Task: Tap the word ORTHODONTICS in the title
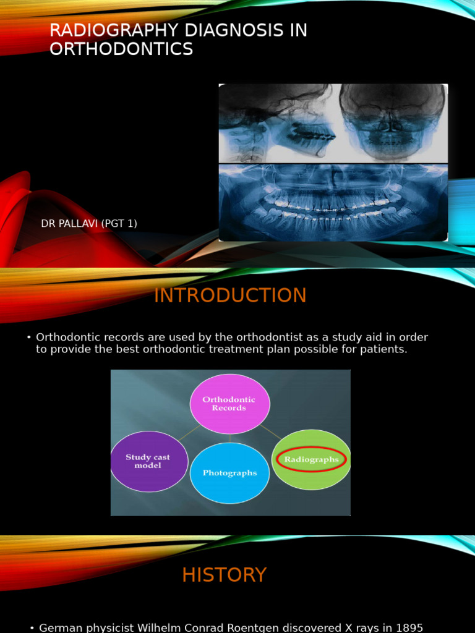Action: click(121, 49)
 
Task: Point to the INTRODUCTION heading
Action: click(230, 295)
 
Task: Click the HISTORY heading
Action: click(224, 575)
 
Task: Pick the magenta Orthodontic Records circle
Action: click(229, 404)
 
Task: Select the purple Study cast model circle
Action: click(148, 461)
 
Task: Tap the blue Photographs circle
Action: click(229, 473)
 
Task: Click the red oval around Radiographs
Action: click(312, 460)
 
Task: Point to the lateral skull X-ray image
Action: click(276, 123)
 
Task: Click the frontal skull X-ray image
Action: click(392, 122)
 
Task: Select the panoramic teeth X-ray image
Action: click(333, 202)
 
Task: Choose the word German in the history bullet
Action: click(59, 628)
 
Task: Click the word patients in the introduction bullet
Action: click(387, 349)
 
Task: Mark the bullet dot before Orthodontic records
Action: click(29, 338)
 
